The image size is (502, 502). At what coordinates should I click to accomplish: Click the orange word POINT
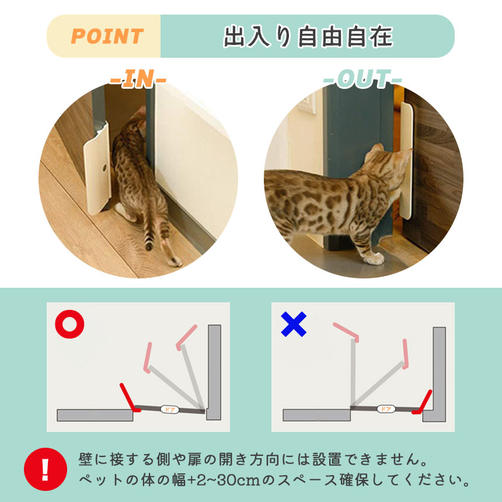(107, 36)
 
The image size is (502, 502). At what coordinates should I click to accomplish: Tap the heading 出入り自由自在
(308, 36)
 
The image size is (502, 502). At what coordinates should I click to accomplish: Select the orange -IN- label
(138, 79)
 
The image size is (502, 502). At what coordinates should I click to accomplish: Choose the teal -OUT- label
(362, 79)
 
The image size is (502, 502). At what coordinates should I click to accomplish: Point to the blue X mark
(294, 324)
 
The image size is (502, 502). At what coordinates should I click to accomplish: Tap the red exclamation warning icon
(46, 469)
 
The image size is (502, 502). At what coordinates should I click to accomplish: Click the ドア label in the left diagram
(170, 409)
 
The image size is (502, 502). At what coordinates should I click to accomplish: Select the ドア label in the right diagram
(386, 409)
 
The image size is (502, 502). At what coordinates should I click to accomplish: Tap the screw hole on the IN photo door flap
(104, 168)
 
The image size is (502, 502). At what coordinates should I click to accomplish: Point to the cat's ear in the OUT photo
(377, 148)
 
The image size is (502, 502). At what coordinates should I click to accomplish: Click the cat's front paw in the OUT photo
(374, 259)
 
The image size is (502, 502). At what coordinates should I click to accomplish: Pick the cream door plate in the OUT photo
(406, 160)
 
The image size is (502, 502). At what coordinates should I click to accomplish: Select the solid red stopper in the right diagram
(422, 403)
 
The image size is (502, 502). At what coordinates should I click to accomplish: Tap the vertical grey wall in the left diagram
(214, 372)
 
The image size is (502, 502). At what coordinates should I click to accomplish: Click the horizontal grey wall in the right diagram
(316, 415)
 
